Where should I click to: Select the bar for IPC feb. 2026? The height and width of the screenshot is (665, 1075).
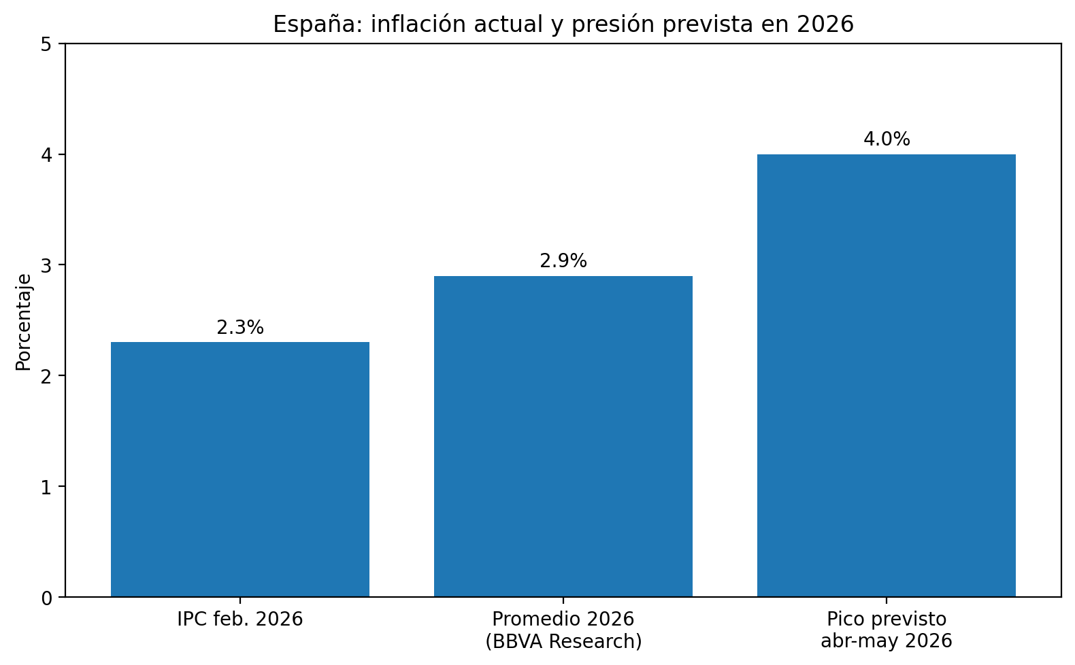coord(239,469)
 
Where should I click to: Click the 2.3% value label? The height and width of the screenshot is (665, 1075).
coord(239,328)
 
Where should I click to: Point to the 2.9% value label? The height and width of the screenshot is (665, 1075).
coord(563,261)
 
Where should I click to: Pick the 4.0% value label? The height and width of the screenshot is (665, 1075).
coord(886,139)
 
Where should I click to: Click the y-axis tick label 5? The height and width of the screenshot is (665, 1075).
coord(47,44)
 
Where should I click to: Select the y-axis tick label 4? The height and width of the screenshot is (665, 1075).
coord(47,155)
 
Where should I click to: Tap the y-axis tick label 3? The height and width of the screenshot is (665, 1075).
coord(47,265)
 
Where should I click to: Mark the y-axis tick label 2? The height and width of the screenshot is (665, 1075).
coord(47,376)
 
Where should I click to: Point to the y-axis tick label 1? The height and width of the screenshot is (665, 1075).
coord(47,487)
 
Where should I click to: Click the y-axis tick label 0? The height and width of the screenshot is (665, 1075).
coord(47,598)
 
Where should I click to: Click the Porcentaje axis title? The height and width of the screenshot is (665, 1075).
coord(24,321)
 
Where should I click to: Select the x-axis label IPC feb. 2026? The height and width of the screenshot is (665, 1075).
coord(239,619)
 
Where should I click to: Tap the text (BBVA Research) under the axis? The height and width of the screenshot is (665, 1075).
coord(563,641)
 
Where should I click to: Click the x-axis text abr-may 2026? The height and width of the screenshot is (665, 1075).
coord(886,641)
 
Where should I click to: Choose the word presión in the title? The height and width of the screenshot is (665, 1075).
coord(614,24)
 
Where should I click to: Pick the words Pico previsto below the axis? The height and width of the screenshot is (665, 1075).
coord(886,619)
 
